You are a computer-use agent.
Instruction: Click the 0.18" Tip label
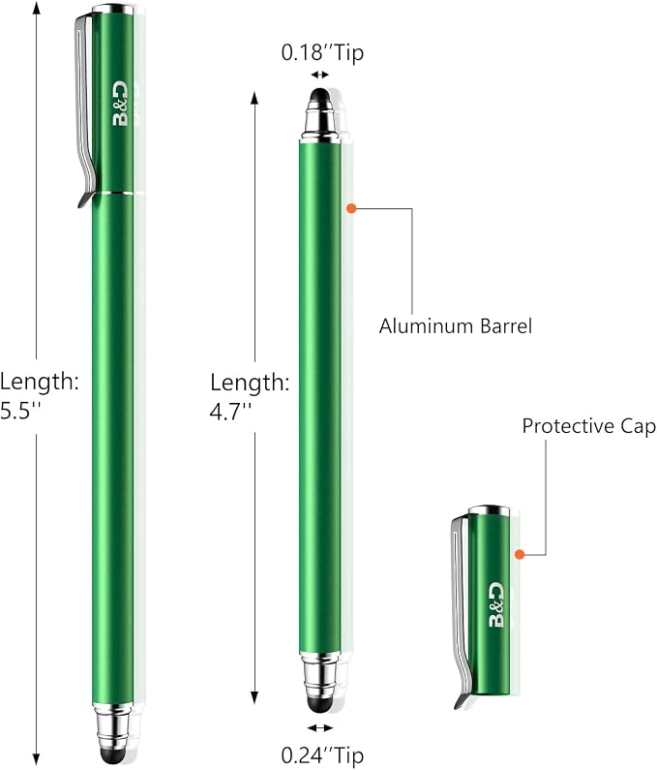pyautogui.click(x=322, y=52)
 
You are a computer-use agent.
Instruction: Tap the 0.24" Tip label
pyautogui.click(x=322, y=755)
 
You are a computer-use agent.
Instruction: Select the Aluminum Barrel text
pyautogui.click(x=456, y=326)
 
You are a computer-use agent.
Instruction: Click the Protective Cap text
pyautogui.click(x=589, y=426)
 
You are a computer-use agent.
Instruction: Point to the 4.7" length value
pyautogui.click(x=230, y=411)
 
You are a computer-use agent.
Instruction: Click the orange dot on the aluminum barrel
pyautogui.click(x=351, y=208)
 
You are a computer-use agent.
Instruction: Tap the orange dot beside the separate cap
pyautogui.click(x=520, y=554)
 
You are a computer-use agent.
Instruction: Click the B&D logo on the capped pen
pyautogui.click(x=120, y=104)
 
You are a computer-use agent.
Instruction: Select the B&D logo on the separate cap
pyautogui.click(x=496, y=605)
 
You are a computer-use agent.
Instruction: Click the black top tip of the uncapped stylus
pyautogui.click(x=320, y=95)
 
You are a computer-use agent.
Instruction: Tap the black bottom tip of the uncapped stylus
pyautogui.click(x=319, y=705)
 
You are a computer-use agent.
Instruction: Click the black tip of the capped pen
pyautogui.click(x=113, y=755)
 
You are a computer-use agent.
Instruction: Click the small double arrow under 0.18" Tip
pyautogui.click(x=320, y=75)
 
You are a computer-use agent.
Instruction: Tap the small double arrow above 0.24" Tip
pyautogui.click(x=320, y=727)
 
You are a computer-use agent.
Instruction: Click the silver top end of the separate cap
pyautogui.click(x=489, y=510)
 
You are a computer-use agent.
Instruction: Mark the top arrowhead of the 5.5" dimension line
pyautogui.click(x=36, y=7)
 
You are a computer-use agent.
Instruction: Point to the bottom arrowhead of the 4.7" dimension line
pyautogui.click(x=254, y=697)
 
